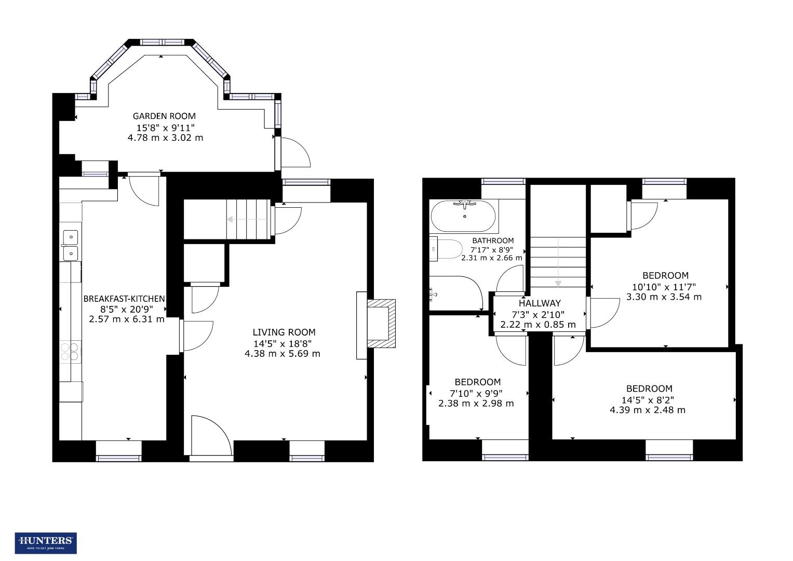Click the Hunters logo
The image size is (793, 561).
46,543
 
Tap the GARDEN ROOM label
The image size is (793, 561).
164,116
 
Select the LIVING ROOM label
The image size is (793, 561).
284,332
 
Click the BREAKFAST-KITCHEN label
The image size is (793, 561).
124,299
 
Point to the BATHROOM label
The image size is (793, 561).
492,241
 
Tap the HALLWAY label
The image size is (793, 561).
540,303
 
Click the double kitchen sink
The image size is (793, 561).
70,245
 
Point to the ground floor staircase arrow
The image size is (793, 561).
247,220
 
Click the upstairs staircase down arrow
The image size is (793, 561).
558,262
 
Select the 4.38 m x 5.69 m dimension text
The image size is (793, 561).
282,354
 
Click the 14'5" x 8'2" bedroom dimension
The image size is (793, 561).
649,400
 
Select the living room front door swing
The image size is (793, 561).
210,436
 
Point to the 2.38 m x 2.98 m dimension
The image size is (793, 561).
476,404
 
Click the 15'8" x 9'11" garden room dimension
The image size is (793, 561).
165,128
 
